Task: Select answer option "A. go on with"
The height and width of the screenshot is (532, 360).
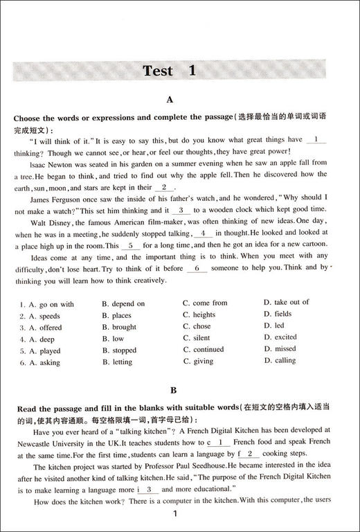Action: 47,303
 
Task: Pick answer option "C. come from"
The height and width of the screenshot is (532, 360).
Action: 205,303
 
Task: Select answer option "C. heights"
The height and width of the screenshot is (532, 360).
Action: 199,314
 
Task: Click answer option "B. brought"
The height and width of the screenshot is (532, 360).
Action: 119,327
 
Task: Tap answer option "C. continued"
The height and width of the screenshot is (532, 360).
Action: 204,350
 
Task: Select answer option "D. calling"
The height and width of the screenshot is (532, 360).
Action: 280,360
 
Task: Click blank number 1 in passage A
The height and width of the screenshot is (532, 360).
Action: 315,139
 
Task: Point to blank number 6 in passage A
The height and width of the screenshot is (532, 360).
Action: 197,268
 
